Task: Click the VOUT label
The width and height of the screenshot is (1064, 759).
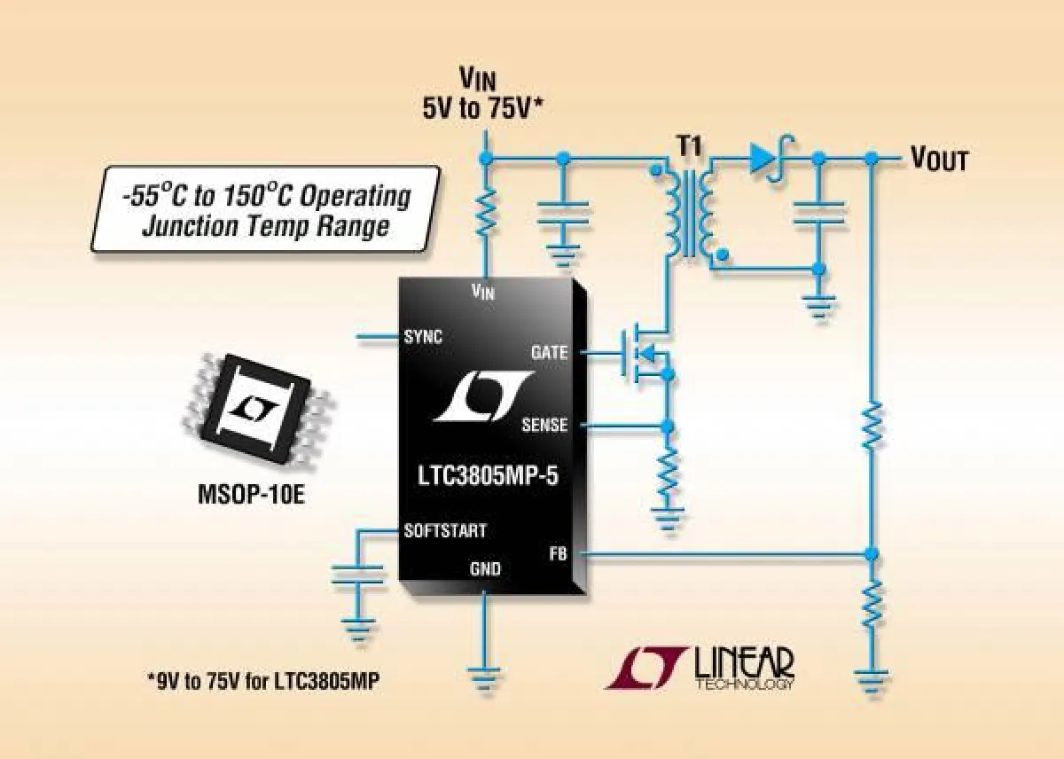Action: point(939,160)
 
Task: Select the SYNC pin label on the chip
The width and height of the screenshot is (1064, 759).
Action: point(423,337)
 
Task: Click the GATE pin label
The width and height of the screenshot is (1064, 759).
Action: point(549,352)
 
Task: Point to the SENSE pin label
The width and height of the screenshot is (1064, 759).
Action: point(544,426)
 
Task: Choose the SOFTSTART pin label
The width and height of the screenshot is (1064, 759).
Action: point(444,531)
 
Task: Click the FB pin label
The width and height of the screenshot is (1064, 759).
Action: point(557,555)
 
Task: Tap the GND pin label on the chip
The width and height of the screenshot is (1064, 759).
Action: point(485,568)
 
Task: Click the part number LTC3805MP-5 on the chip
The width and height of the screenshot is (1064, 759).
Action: point(489,478)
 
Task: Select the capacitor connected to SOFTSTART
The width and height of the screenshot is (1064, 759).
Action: point(358,575)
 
